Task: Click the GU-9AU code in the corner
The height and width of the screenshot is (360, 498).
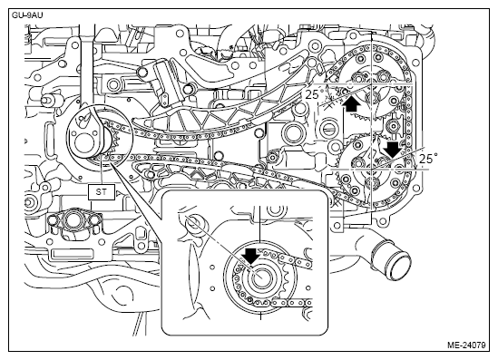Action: (27, 15)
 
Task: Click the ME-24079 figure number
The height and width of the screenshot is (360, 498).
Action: (466, 345)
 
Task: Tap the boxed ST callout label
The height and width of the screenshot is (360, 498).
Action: (102, 191)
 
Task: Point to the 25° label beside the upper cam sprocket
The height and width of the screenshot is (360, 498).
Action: (315, 94)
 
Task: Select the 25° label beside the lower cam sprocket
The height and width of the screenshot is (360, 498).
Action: (428, 159)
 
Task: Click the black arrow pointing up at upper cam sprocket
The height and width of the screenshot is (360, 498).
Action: (351, 104)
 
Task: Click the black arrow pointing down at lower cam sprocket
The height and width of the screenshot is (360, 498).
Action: (394, 150)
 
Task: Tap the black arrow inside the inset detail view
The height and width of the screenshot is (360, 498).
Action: (251, 256)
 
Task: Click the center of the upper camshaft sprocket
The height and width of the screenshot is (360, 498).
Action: (372, 83)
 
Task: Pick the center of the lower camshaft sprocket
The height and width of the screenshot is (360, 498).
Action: (372, 170)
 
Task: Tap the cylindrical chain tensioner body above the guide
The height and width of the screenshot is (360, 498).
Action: (164, 82)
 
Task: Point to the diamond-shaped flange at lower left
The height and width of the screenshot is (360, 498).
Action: (75, 219)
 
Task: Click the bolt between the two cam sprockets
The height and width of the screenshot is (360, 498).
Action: (393, 126)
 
